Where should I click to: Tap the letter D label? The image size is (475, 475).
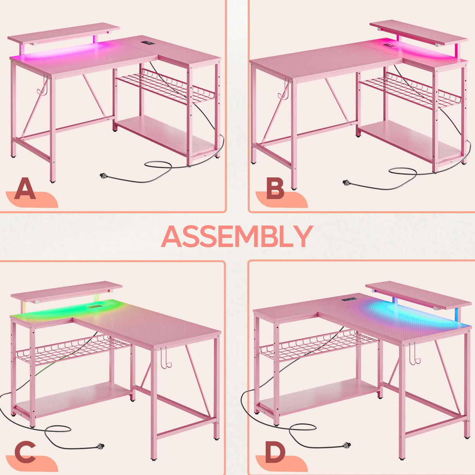275,452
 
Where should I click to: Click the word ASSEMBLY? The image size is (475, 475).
237,236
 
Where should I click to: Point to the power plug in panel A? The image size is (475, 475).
104,175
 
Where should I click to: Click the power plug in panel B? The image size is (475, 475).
346,182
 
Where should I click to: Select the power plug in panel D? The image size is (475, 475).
346,445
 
